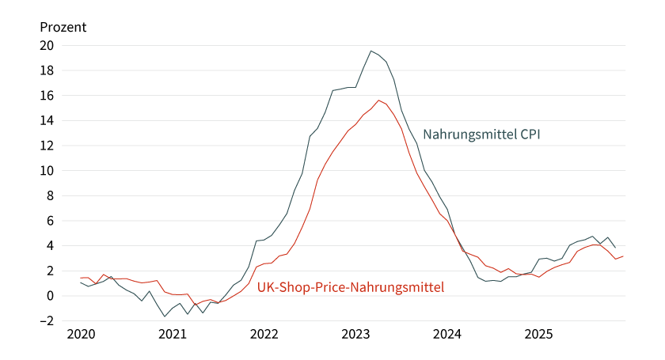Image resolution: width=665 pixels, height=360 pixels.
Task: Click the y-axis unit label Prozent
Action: [x=63, y=27]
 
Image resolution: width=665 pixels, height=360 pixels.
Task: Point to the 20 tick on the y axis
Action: [x=47, y=45]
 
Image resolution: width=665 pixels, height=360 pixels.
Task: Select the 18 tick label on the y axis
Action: [x=47, y=70]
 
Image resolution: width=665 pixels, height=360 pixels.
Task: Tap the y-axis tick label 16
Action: [x=47, y=96]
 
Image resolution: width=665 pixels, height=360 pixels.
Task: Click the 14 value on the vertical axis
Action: [x=47, y=120]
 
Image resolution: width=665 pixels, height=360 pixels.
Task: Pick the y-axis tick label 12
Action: [x=47, y=146]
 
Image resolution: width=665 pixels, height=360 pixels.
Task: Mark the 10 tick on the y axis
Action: [x=47, y=171]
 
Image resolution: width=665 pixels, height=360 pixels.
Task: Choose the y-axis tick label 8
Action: [x=49, y=195]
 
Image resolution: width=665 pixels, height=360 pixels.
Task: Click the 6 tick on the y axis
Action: [x=49, y=221]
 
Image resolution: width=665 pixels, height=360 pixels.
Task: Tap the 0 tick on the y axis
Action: [x=49, y=296]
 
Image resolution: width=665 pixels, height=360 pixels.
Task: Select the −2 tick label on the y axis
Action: [x=46, y=321]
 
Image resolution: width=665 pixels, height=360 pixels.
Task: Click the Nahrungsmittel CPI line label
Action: [x=481, y=135]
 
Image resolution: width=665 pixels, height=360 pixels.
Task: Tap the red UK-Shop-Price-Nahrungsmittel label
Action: [x=351, y=286]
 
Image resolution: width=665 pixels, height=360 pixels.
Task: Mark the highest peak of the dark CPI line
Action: [x=371, y=51]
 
